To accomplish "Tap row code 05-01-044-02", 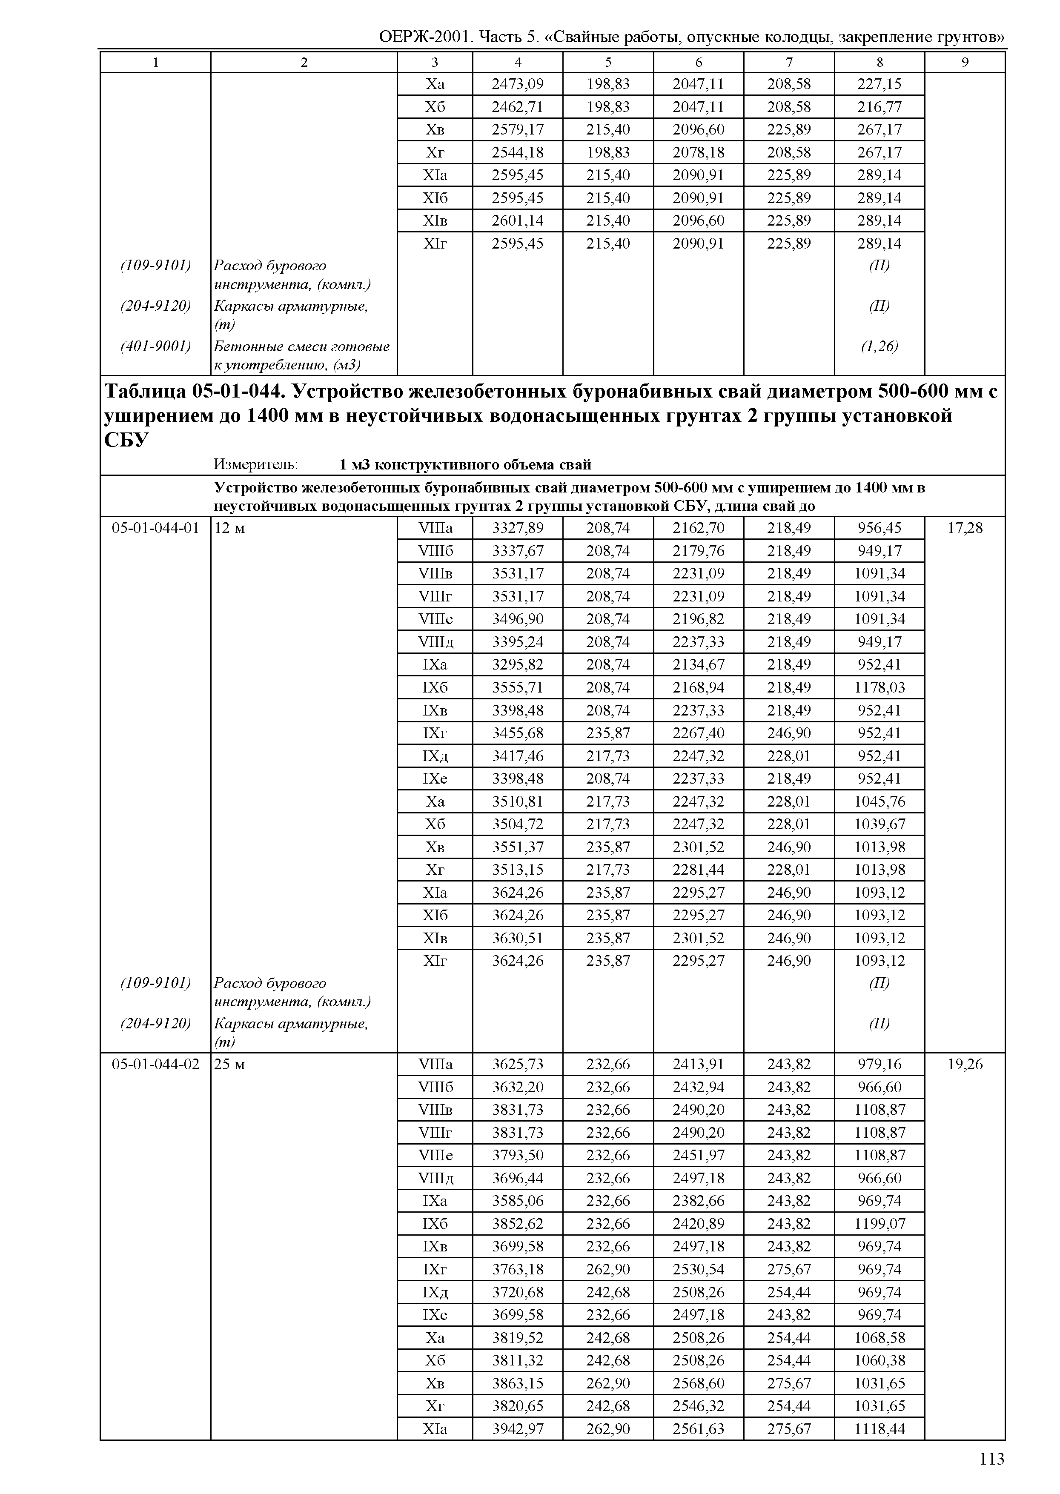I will [x=155, y=1065].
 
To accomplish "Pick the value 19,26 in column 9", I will [x=965, y=1065].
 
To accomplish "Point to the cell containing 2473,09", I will [x=518, y=84].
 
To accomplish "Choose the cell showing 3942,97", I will [x=518, y=1429].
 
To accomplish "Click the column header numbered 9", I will [x=965, y=63].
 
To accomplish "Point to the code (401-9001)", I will [x=155, y=346].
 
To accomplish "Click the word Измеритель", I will [x=256, y=465].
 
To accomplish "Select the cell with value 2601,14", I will [x=518, y=220].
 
